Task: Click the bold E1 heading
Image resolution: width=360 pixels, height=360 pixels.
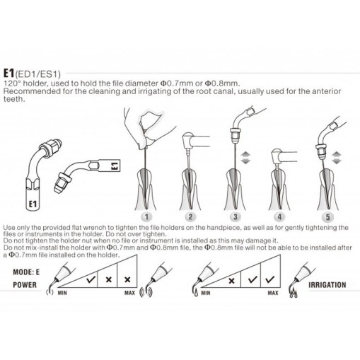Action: coord(8,74)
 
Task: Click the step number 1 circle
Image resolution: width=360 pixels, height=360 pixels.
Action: coord(146,217)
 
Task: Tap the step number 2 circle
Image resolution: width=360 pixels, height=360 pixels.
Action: coord(190,217)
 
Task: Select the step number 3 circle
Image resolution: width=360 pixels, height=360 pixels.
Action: coord(236,217)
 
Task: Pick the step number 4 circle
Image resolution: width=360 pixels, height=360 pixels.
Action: coord(279,217)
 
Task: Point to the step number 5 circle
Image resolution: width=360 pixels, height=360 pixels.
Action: coord(327,217)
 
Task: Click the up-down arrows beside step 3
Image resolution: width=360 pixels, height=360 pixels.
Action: coord(245,158)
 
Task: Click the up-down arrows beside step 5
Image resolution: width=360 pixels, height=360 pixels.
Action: coord(337,158)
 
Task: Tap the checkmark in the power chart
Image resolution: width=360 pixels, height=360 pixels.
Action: coord(91,279)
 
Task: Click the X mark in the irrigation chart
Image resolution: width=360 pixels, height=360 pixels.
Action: coord(231,281)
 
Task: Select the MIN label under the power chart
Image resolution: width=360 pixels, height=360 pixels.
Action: coord(62,293)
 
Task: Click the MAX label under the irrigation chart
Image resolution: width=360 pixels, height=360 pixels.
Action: coord(273,293)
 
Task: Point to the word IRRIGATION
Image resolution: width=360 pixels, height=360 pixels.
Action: coord(327,285)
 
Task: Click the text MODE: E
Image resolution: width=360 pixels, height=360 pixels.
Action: coord(26,272)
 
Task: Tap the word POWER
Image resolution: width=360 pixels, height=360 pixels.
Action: coord(25,285)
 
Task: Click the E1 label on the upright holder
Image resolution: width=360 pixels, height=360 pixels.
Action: coord(33,204)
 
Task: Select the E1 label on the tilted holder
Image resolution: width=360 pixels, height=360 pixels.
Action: coord(114,166)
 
